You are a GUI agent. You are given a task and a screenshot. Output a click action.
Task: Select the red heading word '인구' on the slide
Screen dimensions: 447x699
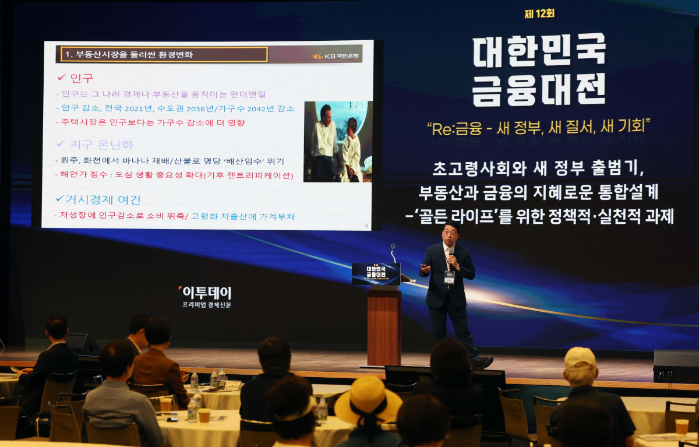click(81, 78)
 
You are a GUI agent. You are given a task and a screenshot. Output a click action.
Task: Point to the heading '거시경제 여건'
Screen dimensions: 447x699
click(105, 199)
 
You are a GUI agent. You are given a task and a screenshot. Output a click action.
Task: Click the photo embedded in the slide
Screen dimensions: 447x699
click(337, 142)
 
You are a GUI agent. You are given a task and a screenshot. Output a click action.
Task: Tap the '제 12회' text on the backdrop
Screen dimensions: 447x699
click(539, 13)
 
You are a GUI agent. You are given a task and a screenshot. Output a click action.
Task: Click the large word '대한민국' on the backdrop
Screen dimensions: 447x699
click(539, 50)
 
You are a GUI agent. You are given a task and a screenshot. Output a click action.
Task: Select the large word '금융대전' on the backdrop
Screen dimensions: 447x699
click(539, 89)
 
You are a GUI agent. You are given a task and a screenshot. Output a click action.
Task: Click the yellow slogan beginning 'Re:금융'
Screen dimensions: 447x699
click(538, 126)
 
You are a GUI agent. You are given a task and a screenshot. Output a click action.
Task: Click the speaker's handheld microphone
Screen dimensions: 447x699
click(451, 254)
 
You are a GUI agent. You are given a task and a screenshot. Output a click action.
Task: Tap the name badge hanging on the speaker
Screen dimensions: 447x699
click(449, 277)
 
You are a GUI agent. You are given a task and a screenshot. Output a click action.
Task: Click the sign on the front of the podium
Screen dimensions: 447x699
click(376, 274)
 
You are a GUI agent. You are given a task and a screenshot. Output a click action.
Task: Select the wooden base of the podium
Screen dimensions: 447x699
click(384, 327)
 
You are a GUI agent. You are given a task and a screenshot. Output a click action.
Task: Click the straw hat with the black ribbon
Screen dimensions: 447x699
click(368, 400)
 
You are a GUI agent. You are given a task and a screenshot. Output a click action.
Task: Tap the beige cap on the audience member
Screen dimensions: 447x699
click(579, 358)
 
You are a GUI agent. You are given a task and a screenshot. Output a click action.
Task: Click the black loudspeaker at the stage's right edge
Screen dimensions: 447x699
click(676, 367)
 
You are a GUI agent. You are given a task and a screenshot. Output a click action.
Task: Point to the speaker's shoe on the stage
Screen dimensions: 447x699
click(482, 362)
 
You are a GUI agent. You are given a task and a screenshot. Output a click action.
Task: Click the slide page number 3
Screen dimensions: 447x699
click(366, 226)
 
